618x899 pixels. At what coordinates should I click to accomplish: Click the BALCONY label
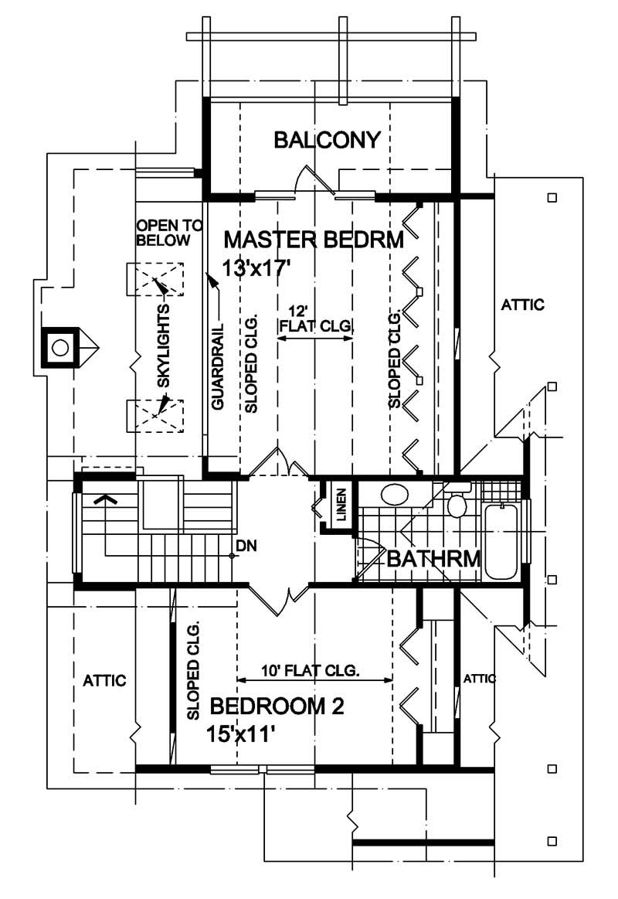[328, 140]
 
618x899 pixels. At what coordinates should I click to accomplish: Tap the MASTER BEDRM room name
[313, 240]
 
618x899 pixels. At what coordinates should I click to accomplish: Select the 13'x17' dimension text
[256, 268]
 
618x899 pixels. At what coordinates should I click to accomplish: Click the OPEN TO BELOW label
[169, 233]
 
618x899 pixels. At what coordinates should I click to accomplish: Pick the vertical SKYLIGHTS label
[163, 349]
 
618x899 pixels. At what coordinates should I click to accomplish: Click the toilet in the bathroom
[457, 504]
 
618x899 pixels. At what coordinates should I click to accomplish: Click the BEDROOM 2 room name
[277, 707]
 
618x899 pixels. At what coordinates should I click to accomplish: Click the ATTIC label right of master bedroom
[522, 305]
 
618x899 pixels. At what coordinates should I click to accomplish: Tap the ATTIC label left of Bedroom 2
[104, 681]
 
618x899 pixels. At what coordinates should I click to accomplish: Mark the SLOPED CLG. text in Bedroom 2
[193, 669]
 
